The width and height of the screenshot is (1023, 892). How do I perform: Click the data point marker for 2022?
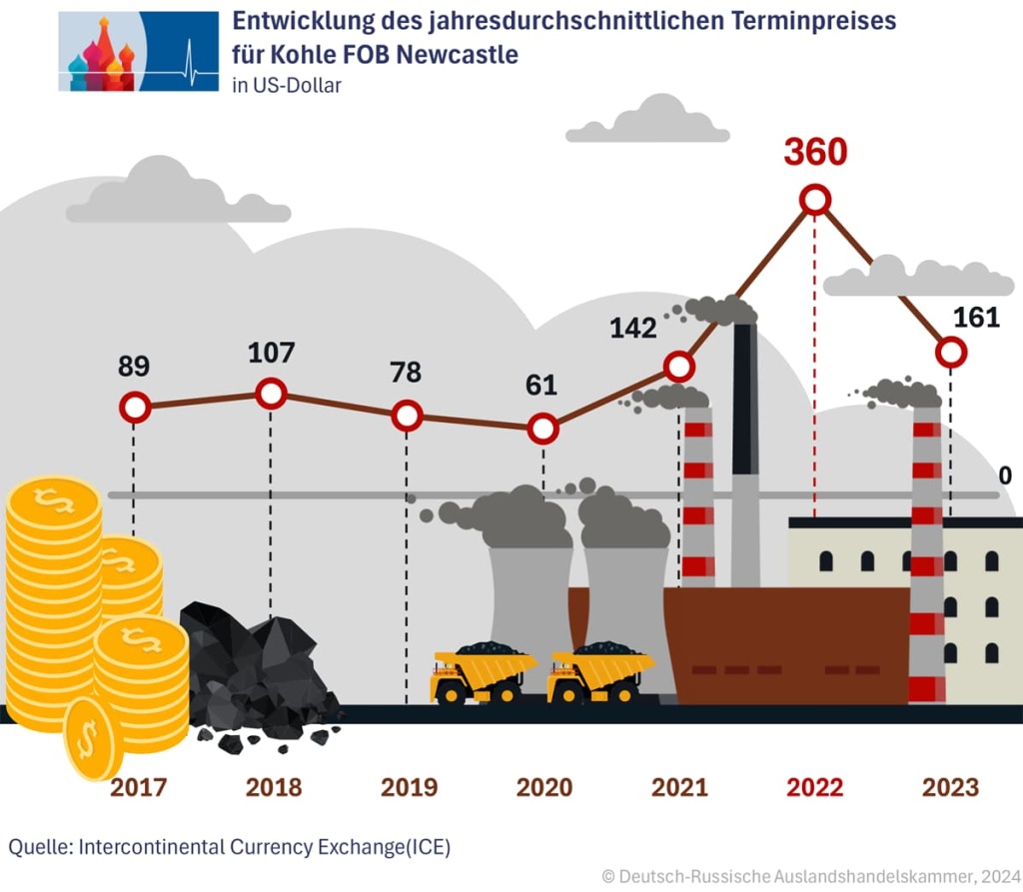pos(815,200)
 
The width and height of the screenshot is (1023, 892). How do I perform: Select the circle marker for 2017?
pos(135,408)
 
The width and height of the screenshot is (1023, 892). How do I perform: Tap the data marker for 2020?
pos(542,430)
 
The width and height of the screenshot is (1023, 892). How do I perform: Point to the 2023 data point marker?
pos(951,352)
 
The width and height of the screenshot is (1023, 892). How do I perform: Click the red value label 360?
pos(815,152)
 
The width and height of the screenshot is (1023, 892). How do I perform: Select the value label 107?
pos(271,353)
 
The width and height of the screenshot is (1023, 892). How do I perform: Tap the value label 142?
pos(633,328)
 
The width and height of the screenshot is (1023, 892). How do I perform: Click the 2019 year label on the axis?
pos(410,787)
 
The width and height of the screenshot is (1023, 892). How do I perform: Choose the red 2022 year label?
pos(815,787)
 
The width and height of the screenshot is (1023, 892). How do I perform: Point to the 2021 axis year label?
pos(679,787)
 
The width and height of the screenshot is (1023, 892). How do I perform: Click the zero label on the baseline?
pos(1005,475)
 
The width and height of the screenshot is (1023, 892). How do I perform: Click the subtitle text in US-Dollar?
pos(287,86)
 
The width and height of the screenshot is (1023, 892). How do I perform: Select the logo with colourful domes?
pos(139,52)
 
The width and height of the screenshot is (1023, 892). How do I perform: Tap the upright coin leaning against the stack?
pos(92,737)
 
